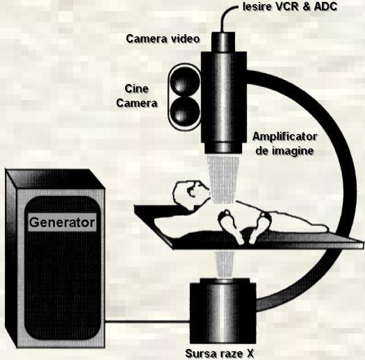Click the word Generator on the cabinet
point(62,222)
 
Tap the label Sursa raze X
point(219,353)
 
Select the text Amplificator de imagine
point(284,144)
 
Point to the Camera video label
point(163,39)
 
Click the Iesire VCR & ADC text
point(290,7)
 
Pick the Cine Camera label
point(137,96)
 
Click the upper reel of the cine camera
point(185,81)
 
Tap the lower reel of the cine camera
point(185,111)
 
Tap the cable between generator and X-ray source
point(147,322)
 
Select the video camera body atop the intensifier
point(223,42)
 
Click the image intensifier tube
point(223,102)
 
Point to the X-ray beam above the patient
point(223,179)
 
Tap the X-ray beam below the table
point(224,265)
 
